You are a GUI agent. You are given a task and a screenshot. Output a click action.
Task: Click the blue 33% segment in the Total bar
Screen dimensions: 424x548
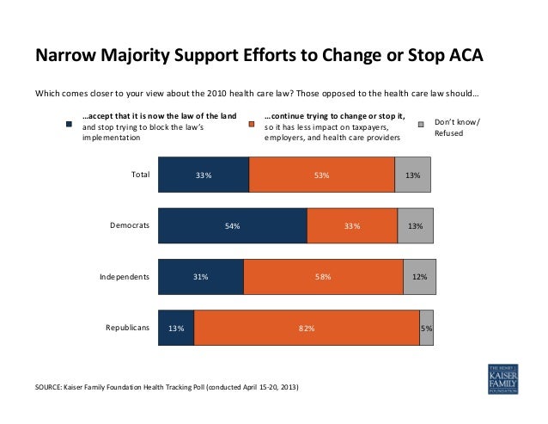coord(204,175)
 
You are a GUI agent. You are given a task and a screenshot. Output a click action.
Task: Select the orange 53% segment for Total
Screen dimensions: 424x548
coord(321,175)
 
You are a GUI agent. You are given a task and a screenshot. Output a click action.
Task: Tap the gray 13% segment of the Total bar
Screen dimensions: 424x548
coord(412,175)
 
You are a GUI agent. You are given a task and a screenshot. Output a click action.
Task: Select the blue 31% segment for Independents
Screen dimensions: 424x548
coord(201,277)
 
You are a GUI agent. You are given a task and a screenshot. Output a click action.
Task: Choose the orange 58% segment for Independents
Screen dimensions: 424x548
coord(323,277)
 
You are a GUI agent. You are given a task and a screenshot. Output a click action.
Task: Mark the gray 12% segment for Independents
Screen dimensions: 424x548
coord(418,277)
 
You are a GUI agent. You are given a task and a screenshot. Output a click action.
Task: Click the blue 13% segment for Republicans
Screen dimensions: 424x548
coord(176,328)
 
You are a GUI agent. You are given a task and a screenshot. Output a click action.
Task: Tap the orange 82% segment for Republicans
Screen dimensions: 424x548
coord(307,328)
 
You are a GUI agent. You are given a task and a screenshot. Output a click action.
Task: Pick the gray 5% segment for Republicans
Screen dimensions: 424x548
coord(426,328)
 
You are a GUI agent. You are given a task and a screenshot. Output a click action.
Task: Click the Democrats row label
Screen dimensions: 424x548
coord(130,225)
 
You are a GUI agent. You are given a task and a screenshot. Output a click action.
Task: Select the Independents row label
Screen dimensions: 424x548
coord(125,277)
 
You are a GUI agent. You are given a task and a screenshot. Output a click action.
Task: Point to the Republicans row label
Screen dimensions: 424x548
coord(127,328)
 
